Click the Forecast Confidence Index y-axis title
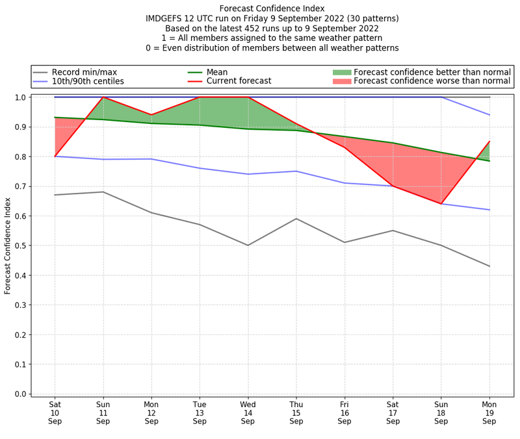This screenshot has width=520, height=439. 8,245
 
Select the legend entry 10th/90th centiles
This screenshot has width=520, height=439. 87,81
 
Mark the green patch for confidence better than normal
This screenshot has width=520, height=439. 341,72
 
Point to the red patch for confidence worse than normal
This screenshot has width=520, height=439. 341,81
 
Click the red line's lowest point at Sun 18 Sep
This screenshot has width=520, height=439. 441,204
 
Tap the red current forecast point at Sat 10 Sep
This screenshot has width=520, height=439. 55,157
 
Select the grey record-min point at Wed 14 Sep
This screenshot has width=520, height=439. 248,245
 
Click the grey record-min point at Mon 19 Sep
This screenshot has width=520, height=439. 489,266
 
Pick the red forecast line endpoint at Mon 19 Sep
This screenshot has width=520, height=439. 489,142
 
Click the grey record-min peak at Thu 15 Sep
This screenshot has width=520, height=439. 296,219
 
